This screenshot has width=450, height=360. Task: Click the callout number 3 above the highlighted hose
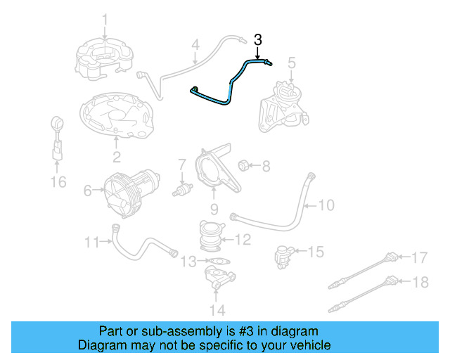click(258, 39)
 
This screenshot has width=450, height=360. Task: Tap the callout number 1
click(105, 19)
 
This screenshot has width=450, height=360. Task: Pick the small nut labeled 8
click(243, 165)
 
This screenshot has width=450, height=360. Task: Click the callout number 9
click(214, 209)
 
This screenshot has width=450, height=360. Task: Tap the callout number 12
click(242, 240)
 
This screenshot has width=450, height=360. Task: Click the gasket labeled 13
click(219, 262)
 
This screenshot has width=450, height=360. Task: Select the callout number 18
click(419, 283)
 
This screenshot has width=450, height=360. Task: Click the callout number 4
click(196, 46)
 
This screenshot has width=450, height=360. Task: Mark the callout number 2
click(116, 156)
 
